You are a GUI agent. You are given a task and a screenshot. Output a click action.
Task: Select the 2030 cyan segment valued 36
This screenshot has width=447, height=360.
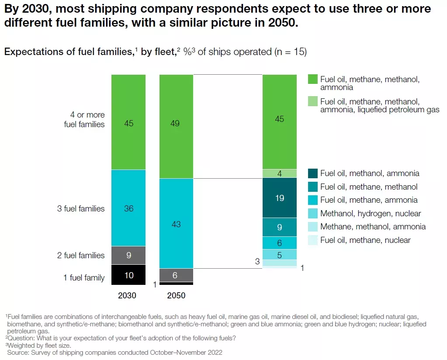point(128,208)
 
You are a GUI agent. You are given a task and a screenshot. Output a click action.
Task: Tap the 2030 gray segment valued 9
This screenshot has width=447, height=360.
point(128,255)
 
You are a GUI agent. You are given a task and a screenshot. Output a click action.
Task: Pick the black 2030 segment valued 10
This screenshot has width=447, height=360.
point(128,275)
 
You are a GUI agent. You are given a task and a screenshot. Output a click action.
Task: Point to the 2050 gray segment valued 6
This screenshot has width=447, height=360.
point(176,275)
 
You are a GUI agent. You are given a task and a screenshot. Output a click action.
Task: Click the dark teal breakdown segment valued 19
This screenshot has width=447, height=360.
point(280,197)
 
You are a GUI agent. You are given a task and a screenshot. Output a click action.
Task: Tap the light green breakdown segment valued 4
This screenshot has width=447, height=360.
point(280,173)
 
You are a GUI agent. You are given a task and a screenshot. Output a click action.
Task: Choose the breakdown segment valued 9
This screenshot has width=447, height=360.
point(280,227)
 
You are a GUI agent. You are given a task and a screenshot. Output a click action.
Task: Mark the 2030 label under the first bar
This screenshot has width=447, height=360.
point(127,295)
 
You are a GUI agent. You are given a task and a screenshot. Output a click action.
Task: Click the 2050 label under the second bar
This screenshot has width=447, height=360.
point(176,295)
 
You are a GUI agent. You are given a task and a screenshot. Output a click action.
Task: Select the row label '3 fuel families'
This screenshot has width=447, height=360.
point(81,208)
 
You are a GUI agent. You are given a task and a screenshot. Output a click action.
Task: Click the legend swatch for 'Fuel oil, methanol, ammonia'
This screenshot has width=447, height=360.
point(313,173)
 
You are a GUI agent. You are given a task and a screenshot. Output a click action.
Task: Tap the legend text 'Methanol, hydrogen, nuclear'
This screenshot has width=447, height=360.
point(371,213)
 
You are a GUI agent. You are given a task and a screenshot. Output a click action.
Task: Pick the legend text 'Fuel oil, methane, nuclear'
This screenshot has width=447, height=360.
point(365,240)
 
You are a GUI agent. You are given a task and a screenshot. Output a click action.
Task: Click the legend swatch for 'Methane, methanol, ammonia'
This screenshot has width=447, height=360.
point(313,227)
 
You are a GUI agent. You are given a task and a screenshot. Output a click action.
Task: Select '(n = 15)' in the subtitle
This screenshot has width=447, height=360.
point(291,52)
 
